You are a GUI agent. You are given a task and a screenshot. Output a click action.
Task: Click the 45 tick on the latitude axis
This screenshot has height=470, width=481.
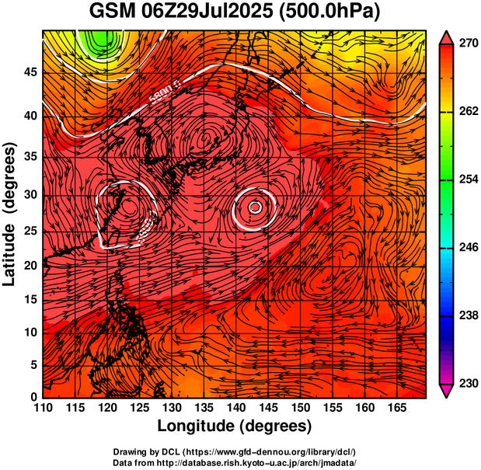29,73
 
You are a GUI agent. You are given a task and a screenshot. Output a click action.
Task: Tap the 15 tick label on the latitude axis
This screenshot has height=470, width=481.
29,299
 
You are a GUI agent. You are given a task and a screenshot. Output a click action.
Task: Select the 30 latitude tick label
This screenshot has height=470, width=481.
29,194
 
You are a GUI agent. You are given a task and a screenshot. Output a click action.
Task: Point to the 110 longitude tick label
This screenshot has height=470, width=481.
43,407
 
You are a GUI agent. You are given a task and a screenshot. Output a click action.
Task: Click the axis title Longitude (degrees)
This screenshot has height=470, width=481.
235,426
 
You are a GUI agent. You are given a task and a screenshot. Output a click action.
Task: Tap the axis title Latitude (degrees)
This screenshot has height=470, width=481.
10,214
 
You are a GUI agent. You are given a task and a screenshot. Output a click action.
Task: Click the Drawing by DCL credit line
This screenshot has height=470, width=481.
235,451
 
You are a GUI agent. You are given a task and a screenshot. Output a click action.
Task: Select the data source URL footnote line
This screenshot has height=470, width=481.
235,461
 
